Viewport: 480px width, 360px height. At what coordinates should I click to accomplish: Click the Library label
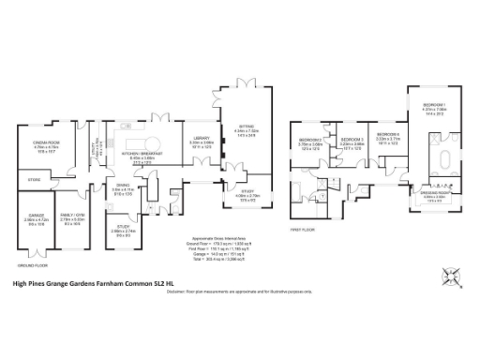click(x=201, y=139)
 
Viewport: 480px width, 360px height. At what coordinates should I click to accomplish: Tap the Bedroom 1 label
click(x=433, y=103)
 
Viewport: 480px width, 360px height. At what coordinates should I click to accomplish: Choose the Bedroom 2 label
click(x=310, y=141)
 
